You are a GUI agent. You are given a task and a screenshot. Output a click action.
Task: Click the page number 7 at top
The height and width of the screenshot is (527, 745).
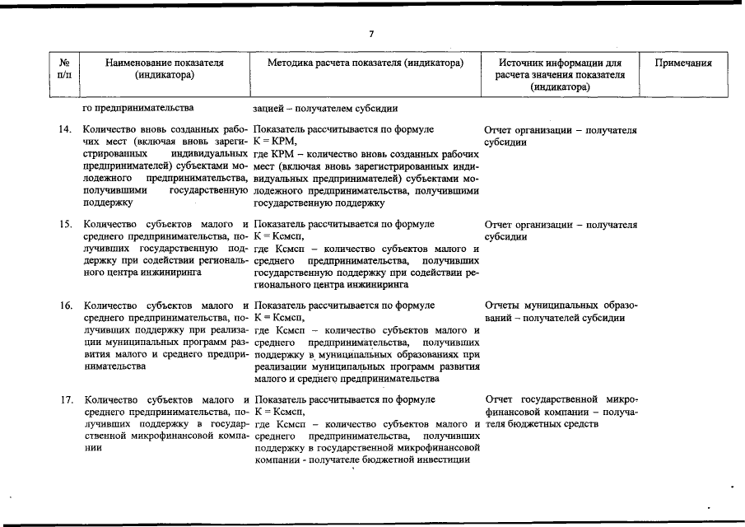point(371,33)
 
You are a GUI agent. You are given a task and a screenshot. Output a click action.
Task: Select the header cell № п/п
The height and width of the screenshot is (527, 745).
point(65,69)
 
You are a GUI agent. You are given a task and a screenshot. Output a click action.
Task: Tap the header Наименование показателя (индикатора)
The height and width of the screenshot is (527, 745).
point(165,69)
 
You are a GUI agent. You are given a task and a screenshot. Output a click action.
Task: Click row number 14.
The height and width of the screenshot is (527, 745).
point(65,130)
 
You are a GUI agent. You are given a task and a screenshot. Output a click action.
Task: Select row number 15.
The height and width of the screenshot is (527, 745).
point(65,223)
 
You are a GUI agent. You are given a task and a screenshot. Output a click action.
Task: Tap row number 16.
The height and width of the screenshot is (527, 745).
point(65,305)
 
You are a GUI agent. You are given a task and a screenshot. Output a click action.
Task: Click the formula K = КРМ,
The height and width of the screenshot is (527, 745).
point(273,142)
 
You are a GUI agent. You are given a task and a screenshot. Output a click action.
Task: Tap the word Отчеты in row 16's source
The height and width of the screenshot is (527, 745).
point(503,305)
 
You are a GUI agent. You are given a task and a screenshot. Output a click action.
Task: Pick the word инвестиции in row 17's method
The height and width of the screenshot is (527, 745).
point(442,459)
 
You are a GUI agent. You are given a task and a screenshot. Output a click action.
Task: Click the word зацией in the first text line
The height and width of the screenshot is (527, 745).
point(269,108)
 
